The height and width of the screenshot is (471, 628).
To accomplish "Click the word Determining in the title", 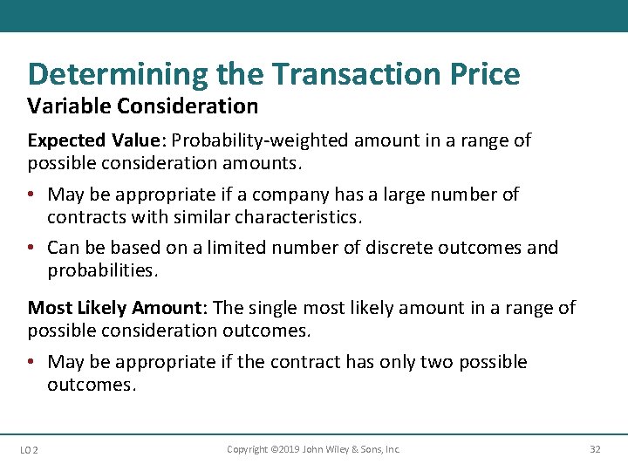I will pos(119,74).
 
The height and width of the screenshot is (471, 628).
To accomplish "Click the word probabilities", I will pos(103,270).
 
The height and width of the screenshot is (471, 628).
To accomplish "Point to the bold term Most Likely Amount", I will pos(117,308).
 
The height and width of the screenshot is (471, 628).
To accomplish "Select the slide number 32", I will pos(595,449).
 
